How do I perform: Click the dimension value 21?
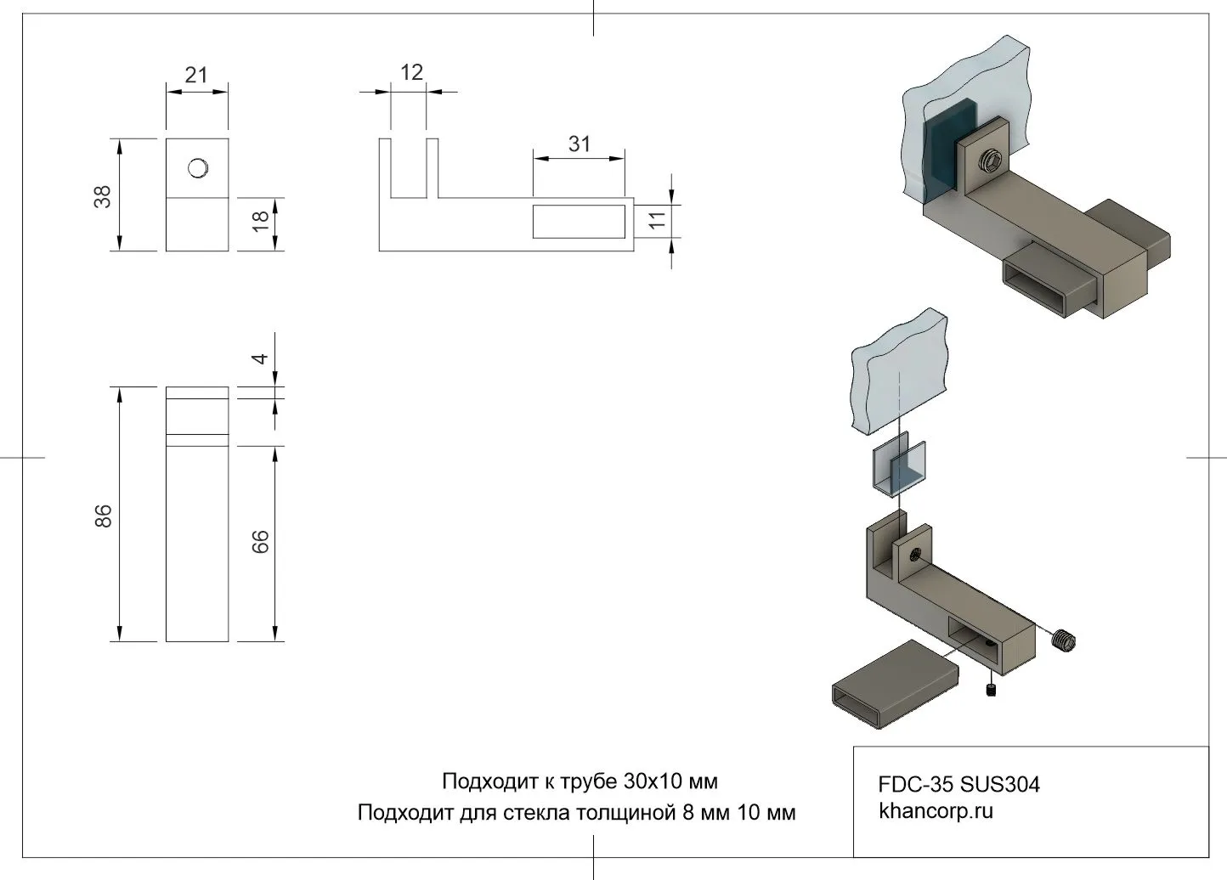[x=196, y=76]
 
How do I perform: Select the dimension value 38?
[x=103, y=196]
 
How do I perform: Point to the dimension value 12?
[x=411, y=73]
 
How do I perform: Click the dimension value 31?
[x=579, y=144]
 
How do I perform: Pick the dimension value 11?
[x=657, y=220]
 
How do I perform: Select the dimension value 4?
[x=261, y=358]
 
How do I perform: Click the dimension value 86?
[x=103, y=516]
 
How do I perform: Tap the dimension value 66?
[x=261, y=542]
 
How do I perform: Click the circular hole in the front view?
[x=198, y=168]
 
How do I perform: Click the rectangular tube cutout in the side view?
[x=579, y=221]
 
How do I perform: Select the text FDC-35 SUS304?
[x=958, y=784]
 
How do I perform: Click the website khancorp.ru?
[x=936, y=810]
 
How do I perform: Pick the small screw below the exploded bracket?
[x=992, y=690]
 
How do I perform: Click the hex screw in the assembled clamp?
[x=990, y=161]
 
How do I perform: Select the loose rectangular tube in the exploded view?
[x=894, y=682]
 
